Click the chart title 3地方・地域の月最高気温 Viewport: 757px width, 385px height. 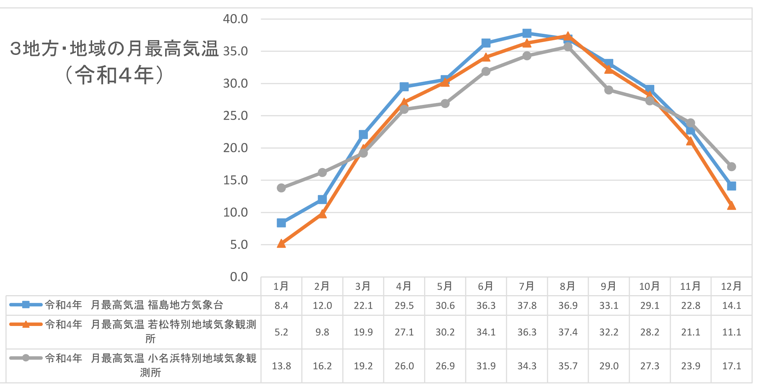114,49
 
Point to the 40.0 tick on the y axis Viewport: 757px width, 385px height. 236,19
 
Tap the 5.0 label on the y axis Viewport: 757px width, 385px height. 239,245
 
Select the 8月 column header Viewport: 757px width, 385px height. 567,286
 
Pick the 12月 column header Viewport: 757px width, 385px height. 731,286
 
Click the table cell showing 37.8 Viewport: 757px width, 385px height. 527,305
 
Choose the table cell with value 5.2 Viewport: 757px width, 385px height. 281,332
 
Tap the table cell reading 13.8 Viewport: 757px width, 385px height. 281,366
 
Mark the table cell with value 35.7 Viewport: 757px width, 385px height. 567,366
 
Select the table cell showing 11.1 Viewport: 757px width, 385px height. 731,332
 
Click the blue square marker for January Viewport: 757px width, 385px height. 281,223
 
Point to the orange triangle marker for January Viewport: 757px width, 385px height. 281,244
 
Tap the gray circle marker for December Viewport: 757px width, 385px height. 731,167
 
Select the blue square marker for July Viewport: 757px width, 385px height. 527,33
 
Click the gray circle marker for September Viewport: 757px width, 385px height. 608,90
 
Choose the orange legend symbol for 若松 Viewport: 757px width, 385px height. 26,324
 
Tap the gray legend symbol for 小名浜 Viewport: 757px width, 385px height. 26,358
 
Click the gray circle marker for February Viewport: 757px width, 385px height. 322,173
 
